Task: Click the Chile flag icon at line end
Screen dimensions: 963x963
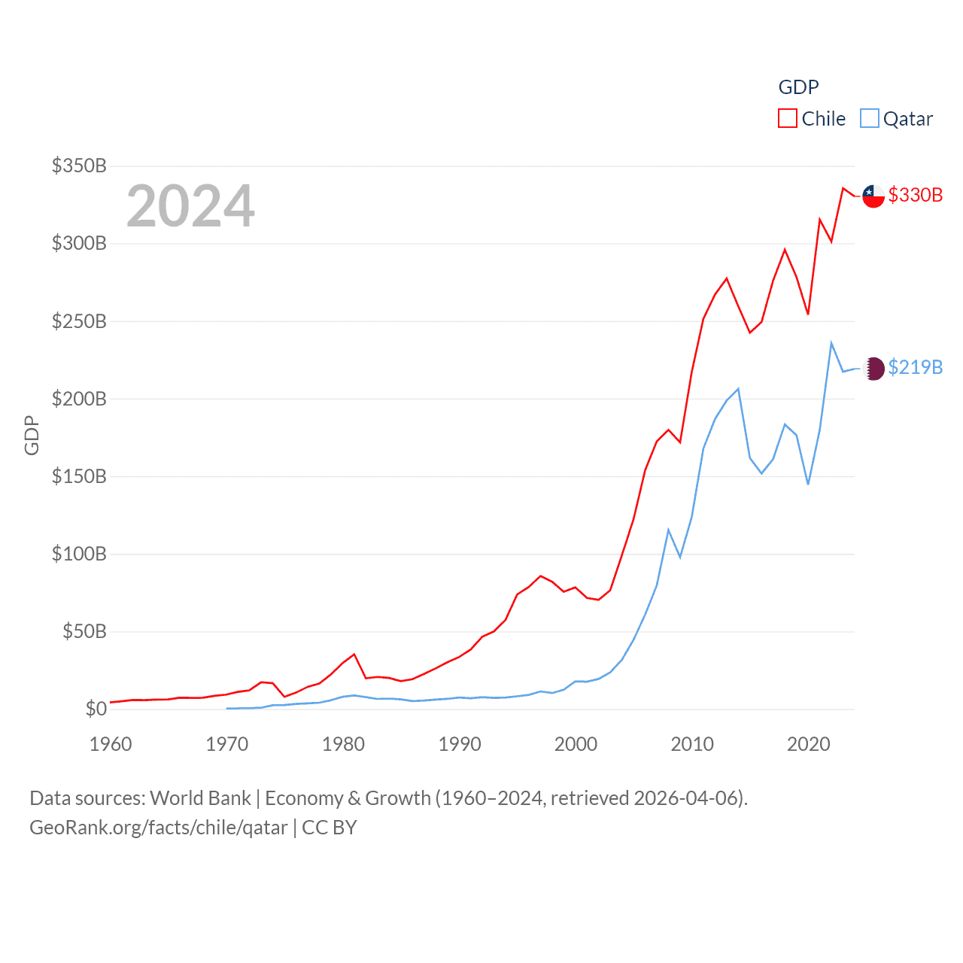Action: point(873,196)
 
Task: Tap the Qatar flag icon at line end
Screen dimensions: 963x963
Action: point(873,369)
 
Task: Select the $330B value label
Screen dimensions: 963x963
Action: point(915,195)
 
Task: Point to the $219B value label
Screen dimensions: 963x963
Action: point(915,367)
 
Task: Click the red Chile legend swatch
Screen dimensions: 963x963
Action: point(787,119)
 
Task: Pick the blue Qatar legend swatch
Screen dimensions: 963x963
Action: point(870,119)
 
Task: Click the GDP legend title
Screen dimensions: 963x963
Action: point(798,87)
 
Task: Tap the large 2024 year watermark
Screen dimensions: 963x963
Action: point(190,206)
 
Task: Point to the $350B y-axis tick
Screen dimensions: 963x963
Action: point(79,166)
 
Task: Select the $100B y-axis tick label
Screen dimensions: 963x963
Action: point(79,554)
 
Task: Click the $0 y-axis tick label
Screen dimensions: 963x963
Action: point(96,709)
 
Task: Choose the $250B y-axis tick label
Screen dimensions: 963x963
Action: point(79,321)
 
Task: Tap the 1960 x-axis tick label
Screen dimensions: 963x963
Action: point(111,744)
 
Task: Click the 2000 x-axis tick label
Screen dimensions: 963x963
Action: point(576,744)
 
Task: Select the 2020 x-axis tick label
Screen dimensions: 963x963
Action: point(808,744)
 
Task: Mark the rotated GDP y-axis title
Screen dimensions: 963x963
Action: point(32,435)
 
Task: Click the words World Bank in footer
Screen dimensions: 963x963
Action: point(200,798)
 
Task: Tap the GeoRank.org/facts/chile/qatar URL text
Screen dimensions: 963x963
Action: point(158,828)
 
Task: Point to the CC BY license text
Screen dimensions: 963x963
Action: point(329,828)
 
